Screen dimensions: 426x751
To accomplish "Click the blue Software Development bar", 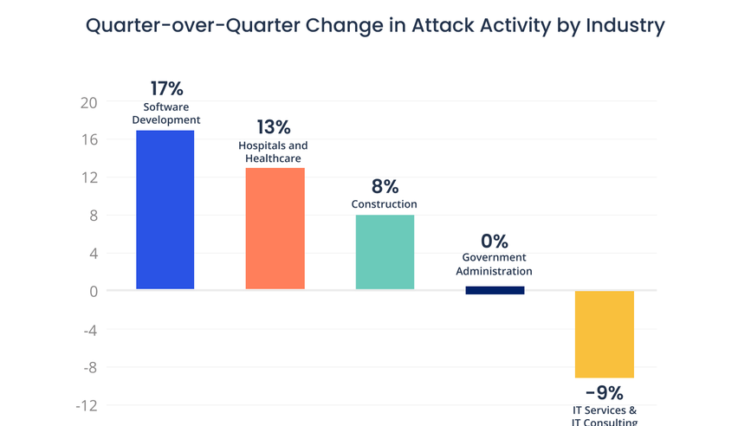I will [165, 210].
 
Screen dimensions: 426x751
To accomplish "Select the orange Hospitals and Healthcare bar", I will [275, 228].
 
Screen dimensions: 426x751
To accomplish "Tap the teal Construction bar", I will [385, 252].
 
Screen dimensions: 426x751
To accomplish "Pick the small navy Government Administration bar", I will [495, 290].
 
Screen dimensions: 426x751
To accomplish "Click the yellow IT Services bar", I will [604, 334].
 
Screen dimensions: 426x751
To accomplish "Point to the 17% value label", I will [166, 88].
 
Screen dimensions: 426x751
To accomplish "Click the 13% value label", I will [273, 126].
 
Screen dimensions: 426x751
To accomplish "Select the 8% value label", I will [385, 186].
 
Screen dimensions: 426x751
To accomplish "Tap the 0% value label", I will [494, 241].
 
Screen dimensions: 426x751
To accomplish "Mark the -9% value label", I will [604, 393].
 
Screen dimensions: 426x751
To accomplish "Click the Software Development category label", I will [166, 113].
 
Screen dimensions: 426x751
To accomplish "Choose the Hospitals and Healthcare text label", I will [273, 152].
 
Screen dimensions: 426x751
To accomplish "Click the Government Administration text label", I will [494, 264].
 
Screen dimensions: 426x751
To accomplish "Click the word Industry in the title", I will [621, 26].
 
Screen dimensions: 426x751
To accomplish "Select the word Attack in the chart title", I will [446, 26].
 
